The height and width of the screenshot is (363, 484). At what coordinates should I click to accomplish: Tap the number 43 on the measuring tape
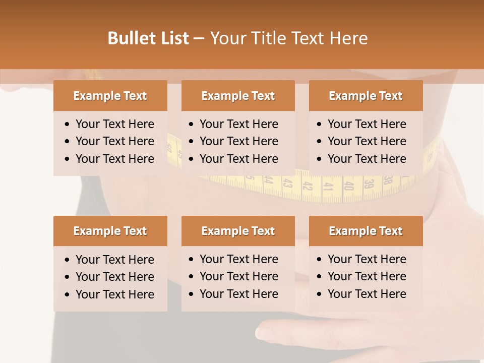288,184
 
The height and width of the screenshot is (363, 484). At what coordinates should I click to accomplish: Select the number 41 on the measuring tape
328,186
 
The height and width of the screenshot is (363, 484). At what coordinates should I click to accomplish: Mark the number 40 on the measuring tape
348,185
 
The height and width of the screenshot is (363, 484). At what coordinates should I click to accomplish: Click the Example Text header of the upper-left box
110,96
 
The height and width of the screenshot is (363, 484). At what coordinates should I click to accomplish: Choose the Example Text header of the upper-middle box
238,96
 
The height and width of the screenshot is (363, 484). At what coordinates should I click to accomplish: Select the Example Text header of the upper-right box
366,96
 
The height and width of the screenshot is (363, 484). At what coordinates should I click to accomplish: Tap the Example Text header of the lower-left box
110,231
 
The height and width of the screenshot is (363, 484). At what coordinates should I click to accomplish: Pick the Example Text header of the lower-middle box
238,231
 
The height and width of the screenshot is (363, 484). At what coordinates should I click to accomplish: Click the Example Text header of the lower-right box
366,231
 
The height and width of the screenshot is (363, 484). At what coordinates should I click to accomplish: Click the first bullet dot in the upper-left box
68,125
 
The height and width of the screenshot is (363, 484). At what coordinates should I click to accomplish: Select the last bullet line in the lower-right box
367,294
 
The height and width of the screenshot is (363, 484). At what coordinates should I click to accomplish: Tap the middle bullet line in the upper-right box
367,141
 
